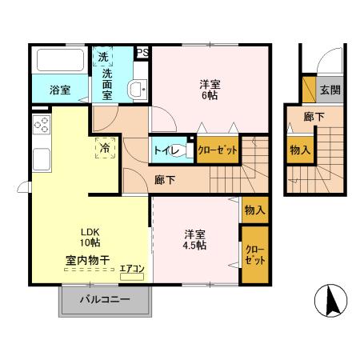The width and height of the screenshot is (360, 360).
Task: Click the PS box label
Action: (x=142, y=53)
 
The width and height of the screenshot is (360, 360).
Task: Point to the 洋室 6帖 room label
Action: (x=210, y=87)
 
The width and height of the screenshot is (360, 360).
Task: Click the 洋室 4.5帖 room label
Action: (x=194, y=239)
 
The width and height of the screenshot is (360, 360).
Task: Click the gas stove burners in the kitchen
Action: (x=41, y=126)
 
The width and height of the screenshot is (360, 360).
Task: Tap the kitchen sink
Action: (x=40, y=158)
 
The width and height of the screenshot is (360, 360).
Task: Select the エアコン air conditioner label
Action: (x=132, y=269)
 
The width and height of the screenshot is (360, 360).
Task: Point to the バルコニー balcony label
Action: (x=106, y=302)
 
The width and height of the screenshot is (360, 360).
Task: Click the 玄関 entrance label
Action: (x=330, y=90)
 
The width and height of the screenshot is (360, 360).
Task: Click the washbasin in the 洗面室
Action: (x=137, y=90)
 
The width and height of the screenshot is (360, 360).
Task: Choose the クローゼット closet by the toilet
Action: (x=216, y=150)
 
